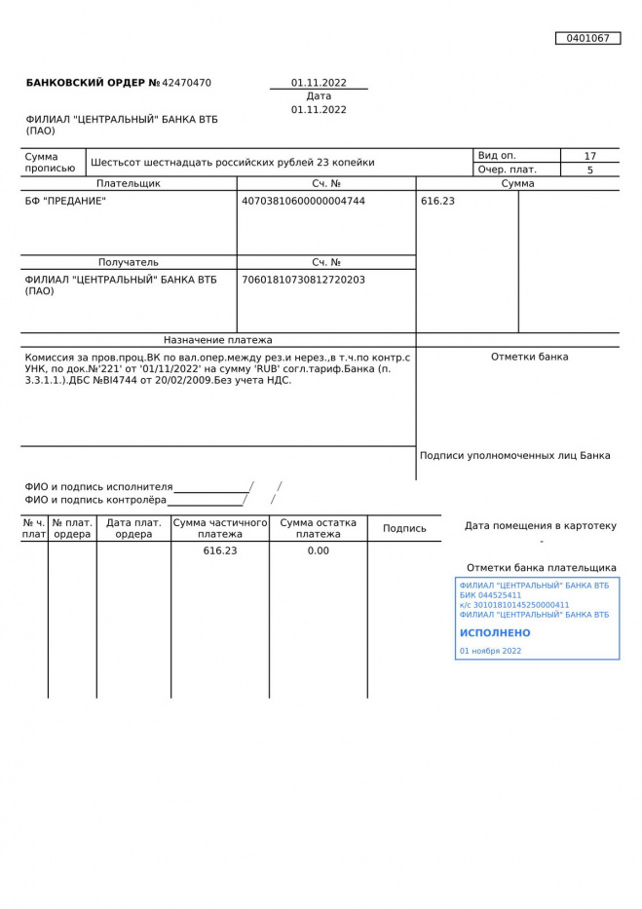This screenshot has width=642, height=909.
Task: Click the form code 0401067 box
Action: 587,38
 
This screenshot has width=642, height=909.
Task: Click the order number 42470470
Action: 186,83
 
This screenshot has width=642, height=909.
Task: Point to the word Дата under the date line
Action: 319,96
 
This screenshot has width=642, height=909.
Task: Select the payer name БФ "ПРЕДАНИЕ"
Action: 65,202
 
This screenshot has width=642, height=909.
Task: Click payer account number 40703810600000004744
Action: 303,202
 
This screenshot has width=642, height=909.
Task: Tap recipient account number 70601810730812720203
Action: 303,280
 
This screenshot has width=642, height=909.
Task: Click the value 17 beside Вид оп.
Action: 589,156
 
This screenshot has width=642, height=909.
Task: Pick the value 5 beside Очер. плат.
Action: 589,170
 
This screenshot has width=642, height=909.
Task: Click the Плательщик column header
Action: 129,183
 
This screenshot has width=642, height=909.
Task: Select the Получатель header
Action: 129,262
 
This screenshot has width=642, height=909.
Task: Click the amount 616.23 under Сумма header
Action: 437,202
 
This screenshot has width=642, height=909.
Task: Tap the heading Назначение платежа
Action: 218,340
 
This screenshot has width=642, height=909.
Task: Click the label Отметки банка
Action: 529,357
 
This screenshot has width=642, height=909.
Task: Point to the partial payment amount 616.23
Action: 220,550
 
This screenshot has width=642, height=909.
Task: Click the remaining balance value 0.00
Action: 319,550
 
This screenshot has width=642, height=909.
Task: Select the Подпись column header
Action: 404,528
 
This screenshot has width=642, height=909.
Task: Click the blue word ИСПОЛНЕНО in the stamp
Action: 495,633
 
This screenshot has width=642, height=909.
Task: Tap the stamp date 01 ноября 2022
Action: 490,651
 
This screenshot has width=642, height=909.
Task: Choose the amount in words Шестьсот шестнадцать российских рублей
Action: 232,163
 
